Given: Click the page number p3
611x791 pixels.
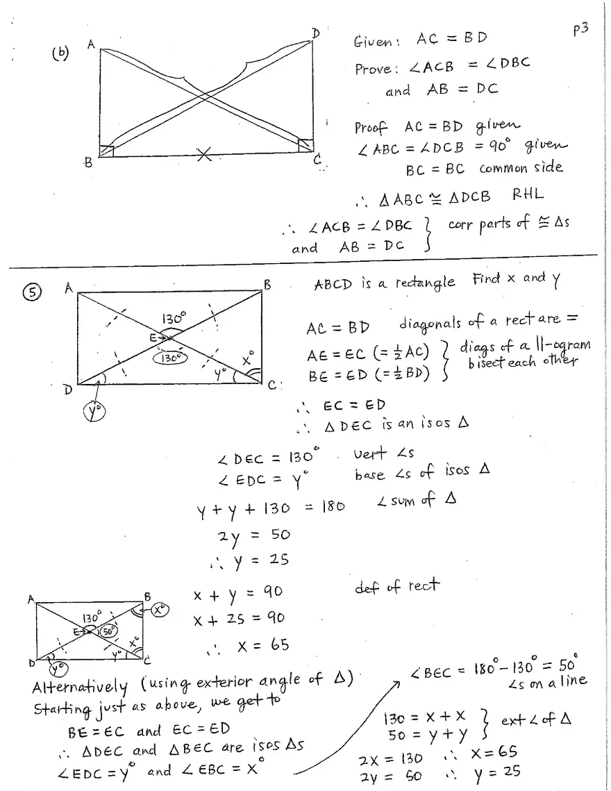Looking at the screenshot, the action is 580,32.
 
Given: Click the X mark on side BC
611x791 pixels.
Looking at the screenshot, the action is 203,156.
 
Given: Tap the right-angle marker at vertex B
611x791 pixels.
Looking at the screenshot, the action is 106,151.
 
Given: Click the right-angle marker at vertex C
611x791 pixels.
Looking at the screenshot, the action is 305,145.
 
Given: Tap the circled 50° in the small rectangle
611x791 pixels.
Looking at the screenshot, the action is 108,631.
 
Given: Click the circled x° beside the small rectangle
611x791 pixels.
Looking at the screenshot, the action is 160,610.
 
